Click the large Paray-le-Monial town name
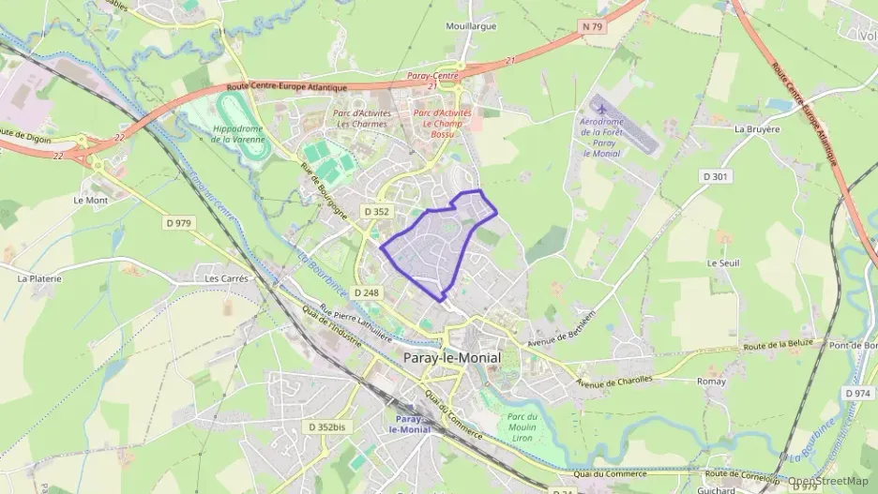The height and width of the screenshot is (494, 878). tap(451, 358)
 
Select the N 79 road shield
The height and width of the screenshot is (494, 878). tap(592, 27)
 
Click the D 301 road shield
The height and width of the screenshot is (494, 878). tap(717, 176)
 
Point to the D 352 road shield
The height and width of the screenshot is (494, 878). tap(376, 212)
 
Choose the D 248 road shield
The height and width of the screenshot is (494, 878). tap(368, 293)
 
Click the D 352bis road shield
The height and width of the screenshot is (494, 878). tap(325, 427)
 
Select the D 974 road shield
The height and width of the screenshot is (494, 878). tap(857, 393)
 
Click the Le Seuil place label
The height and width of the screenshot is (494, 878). tap(723, 263)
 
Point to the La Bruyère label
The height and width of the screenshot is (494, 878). tap(757, 129)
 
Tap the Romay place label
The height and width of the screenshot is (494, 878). tap(711, 382)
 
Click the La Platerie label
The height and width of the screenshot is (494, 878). tap(39, 278)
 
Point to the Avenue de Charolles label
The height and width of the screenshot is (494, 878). tap(614, 382)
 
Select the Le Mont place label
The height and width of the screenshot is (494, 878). tap(91, 200)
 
